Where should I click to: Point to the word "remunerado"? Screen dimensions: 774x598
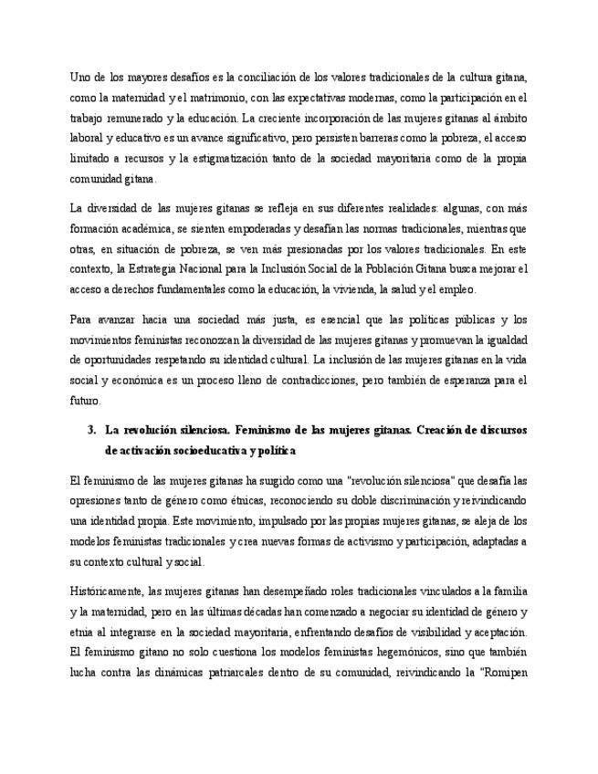point(132,119)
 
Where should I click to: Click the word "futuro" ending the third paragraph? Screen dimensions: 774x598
point(85,400)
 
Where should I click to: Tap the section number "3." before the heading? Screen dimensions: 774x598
point(91,429)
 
